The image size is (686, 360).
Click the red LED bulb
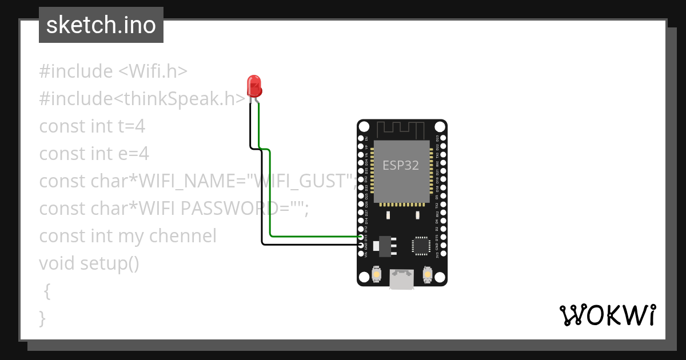click(254, 86)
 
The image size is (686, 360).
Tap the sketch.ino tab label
click(101, 25)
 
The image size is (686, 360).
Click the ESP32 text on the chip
click(401, 166)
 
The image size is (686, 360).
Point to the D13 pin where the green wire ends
click(361, 237)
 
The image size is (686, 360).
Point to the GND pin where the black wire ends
click(361, 245)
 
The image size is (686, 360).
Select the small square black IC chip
click(421, 245)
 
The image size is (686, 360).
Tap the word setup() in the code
click(109, 263)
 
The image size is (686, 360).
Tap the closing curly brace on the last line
click(42, 318)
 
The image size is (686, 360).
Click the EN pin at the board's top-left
click(361, 138)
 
